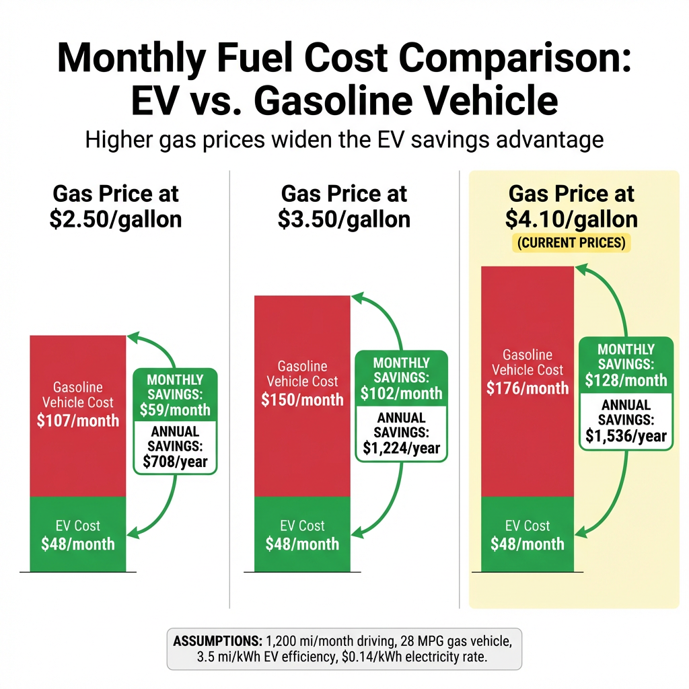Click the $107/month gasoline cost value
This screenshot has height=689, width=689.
[x=77, y=421]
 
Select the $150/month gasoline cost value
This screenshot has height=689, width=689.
[x=302, y=400]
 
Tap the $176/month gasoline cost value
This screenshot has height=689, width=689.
[x=528, y=388]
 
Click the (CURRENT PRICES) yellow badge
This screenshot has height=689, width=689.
[x=572, y=242]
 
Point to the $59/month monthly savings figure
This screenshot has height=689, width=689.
[x=175, y=409]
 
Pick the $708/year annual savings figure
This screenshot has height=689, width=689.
[x=175, y=462]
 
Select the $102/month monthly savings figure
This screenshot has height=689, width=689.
[x=401, y=393]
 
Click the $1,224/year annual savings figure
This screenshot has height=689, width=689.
[x=401, y=447]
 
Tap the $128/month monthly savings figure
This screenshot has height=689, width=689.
[x=626, y=380]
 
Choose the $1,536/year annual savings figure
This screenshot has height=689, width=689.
[x=626, y=435]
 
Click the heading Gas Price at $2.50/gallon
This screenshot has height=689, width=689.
[x=116, y=207]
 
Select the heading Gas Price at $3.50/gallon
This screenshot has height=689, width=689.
[x=344, y=207]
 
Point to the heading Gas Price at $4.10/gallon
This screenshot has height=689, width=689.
[x=571, y=207]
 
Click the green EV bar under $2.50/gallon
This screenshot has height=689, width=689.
[x=77, y=535]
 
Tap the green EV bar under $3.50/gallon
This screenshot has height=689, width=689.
[x=302, y=535]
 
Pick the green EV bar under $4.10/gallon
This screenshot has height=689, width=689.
[x=528, y=535]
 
